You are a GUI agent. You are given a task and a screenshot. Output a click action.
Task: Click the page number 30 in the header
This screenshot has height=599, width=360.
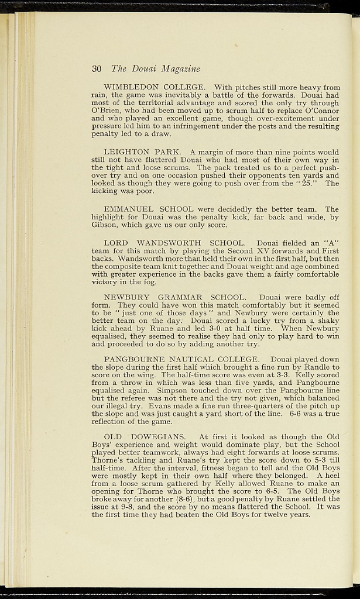tap(97, 69)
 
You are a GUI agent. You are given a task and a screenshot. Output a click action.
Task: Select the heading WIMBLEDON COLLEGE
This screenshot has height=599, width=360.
tap(155, 88)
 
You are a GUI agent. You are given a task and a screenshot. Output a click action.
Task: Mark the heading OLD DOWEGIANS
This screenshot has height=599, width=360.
tap(145, 436)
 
